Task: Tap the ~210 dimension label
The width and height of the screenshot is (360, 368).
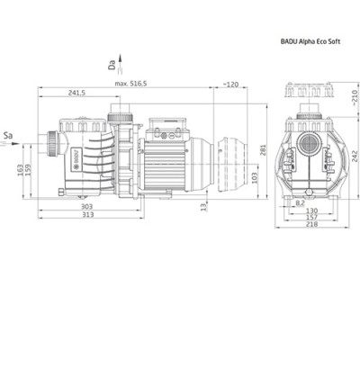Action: pyautogui.click(x=355, y=94)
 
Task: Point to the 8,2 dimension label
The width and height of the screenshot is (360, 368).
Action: pyautogui.click(x=300, y=202)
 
